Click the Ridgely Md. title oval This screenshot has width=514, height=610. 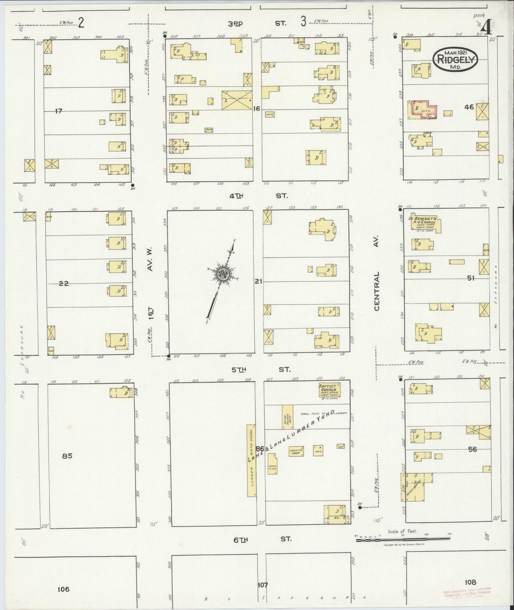[455, 59]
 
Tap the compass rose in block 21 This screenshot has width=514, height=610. [223, 275]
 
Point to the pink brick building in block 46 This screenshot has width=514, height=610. [423, 110]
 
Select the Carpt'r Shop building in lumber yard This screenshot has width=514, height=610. [296, 451]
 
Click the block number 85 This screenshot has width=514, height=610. [67, 456]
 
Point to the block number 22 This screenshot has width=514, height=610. [64, 284]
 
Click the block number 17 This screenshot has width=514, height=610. [59, 111]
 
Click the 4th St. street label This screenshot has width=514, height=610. [260, 196]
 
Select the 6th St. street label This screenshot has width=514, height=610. [261, 539]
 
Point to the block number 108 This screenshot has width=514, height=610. [470, 582]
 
